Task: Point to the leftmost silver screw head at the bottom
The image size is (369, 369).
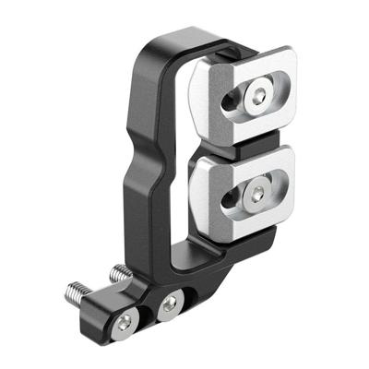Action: (125, 320)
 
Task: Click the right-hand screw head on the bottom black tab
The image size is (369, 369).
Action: (170, 304)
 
